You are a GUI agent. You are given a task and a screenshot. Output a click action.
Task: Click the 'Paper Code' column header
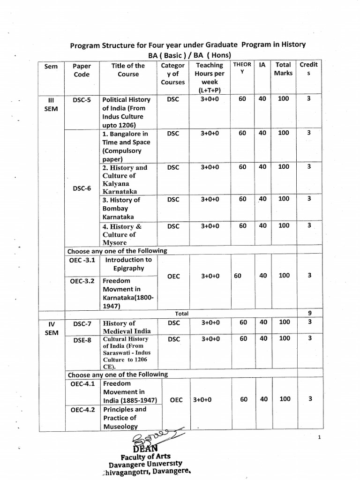[x=82, y=70]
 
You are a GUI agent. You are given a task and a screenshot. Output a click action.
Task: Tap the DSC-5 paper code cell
[x=82, y=100]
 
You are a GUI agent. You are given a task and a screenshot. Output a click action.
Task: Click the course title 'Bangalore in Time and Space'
[x=126, y=146]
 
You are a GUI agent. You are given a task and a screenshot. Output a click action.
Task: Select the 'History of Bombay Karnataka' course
[x=121, y=208]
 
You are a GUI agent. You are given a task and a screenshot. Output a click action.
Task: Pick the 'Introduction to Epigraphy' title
[x=128, y=264]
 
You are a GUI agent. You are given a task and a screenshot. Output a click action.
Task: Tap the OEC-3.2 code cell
[x=82, y=281]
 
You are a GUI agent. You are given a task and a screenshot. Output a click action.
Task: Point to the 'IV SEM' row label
[x=52, y=328]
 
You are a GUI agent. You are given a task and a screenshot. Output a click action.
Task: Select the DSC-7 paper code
[x=82, y=323]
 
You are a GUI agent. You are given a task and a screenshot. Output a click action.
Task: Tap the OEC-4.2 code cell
[x=82, y=410]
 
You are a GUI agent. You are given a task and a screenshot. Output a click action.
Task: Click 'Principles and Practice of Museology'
[x=124, y=418]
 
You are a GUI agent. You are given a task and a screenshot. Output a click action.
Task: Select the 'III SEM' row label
[x=52, y=104]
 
